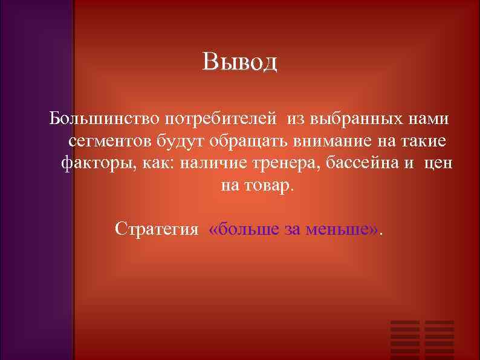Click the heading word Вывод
coord(240,62)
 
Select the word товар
coord(267,186)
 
